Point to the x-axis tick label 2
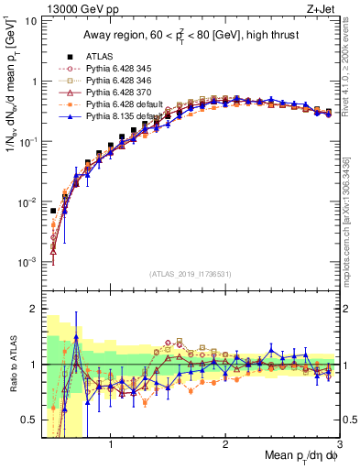[225, 446]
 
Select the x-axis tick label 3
[338, 446]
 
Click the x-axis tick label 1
[111, 446]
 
